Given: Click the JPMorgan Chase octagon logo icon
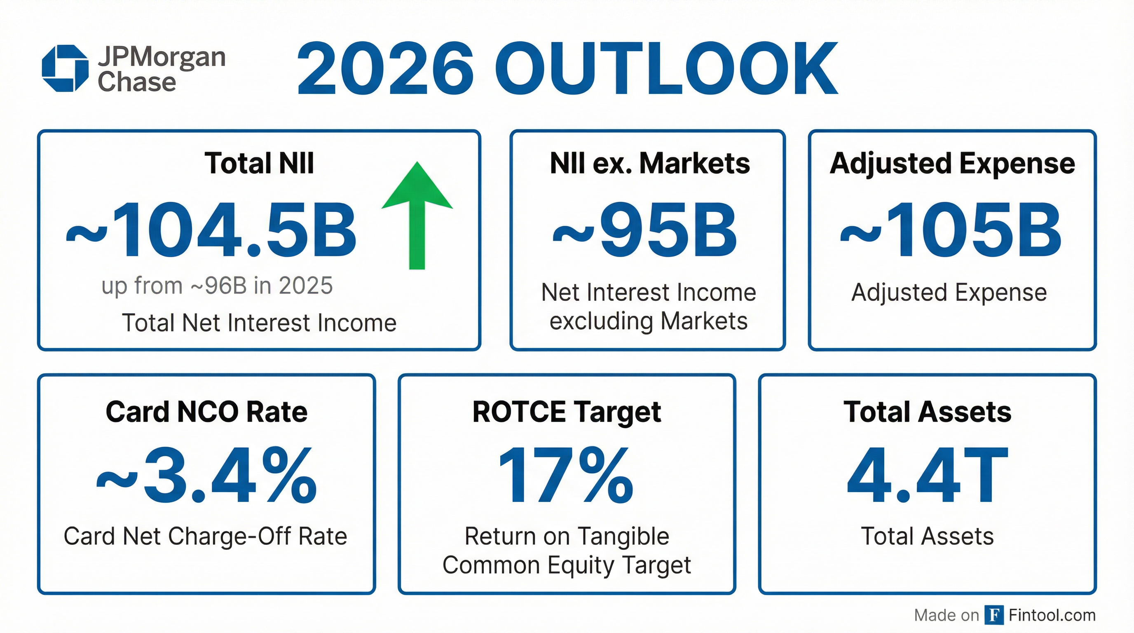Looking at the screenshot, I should tap(65, 68).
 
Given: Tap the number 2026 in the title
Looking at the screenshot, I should tap(385, 69).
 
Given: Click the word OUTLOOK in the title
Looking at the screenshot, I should tap(668, 69).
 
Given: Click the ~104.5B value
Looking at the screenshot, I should tap(211, 230).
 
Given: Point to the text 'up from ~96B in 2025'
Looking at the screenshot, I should tap(217, 286).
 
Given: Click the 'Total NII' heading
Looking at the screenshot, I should tap(259, 163).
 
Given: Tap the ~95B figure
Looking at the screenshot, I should tap(645, 230).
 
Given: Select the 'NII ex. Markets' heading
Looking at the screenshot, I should tap(649, 163).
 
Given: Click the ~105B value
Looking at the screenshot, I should tap(951, 230).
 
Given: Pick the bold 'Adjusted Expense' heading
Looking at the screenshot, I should tap(952, 163).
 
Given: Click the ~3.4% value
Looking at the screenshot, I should tap(206, 476).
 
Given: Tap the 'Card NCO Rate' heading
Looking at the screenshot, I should tap(206, 412).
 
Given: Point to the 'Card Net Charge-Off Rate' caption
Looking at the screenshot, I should tap(205, 536).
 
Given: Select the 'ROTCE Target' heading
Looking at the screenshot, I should tap(567, 412).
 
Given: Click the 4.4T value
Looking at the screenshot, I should tap(927, 476).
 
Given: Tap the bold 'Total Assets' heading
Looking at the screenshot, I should tap(927, 412).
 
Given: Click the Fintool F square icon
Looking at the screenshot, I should tap(993, 615).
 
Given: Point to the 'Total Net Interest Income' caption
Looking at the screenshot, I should tap(259, 323).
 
